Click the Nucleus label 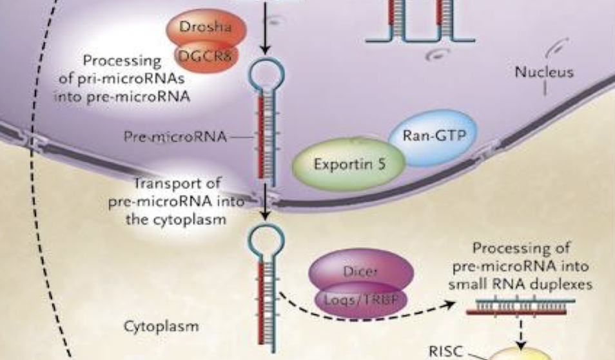point(543,72)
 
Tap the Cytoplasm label point(161,326)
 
